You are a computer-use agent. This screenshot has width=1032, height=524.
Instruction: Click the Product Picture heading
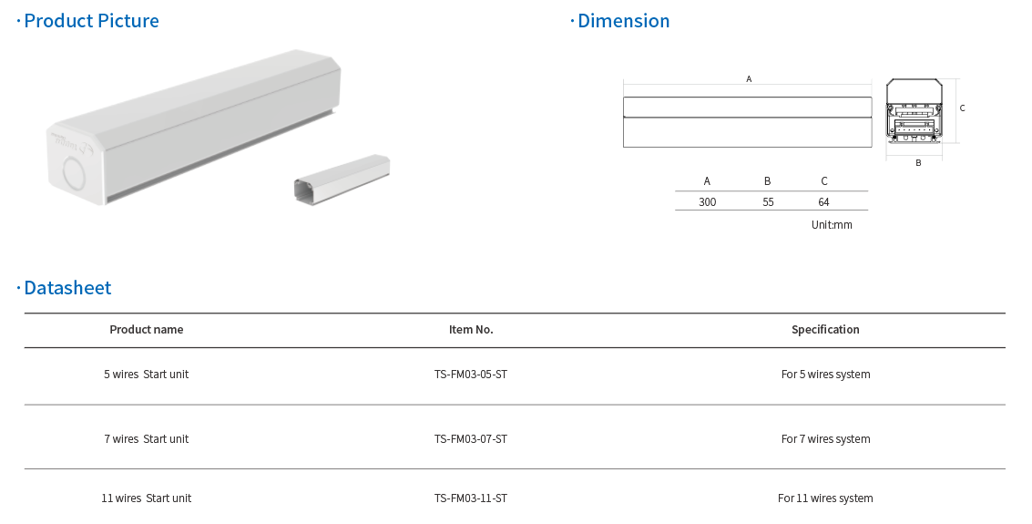click(91, 21)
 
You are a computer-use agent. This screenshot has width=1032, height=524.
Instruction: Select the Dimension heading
click(623, 21)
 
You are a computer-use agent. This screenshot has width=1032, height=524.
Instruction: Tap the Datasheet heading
click(67, 288)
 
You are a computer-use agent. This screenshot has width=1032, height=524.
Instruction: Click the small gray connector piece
click(342, 180)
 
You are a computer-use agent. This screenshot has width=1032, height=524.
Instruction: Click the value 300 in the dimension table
click(707, 202)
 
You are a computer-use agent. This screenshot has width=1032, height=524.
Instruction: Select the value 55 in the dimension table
click(768, 202)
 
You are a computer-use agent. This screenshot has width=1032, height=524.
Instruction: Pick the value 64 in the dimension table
click(823, 202)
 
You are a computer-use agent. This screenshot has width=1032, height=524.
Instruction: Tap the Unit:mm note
click(832, 224)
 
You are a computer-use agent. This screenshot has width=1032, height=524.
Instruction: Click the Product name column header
click(146, 330)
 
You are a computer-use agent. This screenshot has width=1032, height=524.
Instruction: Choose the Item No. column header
click(471, 330)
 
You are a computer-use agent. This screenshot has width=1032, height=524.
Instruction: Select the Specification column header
click(825, 330)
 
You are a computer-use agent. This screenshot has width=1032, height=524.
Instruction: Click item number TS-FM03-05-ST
click(471, 375)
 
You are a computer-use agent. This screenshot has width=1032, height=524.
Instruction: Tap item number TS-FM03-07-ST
click(471, 439)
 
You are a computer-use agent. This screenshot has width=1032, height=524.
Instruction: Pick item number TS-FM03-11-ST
click(471, 498)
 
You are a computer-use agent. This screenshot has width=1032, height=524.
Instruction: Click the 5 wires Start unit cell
click(146, 375)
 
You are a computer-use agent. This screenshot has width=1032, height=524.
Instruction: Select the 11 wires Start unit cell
click(146, 498)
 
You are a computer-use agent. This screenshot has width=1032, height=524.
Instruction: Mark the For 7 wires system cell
click(825, 439)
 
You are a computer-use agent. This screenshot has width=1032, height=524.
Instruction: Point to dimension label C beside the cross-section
click(962, 108)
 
